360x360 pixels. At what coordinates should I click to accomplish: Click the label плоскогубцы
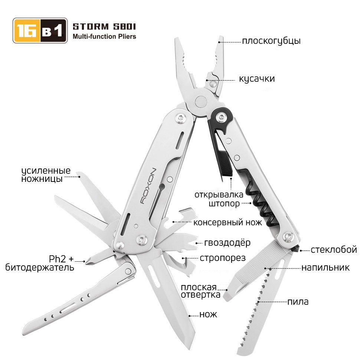[271, 41]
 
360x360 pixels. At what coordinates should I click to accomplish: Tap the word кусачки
[257, 79]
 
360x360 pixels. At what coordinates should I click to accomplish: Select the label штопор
[224, 204]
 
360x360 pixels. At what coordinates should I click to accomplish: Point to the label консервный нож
[228, 222]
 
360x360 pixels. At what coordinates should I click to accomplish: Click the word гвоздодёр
[227, 242]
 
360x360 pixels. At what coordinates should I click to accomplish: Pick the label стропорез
[222, 258]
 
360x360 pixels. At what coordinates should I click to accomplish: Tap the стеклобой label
[334, 250]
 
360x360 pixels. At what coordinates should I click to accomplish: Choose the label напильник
[325, 268]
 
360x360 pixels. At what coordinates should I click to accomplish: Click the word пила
[298, 302]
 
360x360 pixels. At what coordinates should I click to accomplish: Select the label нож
[208, 314]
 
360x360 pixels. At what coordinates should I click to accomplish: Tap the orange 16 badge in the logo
[27, 30]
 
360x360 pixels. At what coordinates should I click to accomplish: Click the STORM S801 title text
[104, 27]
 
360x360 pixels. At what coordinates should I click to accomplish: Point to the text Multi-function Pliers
[104, 36]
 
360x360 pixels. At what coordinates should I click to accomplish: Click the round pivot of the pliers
[201, 101]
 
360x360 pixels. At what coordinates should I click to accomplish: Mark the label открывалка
[219, 195]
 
